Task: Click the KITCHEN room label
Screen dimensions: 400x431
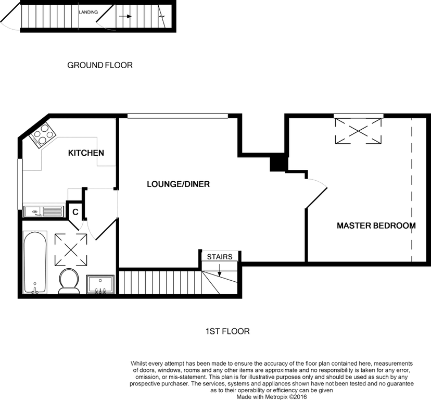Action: click(86, 153)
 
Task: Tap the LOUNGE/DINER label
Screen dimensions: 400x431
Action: click(178, 184)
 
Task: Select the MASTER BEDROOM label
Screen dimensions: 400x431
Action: click(376, 226)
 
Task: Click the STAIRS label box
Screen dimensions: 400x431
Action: click(220, 257)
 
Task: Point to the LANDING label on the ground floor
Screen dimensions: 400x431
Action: click(88, 12)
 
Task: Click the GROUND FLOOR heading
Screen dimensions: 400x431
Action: click(100, 65)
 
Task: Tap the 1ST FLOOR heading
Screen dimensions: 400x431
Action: click(227, 331)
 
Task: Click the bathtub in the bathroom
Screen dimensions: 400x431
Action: click(35, 262)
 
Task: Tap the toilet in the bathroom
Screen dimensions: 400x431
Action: click(68, 281)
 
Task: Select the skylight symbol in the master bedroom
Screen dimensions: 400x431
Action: click(358, 131)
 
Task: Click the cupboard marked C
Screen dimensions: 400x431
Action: click(75, 212)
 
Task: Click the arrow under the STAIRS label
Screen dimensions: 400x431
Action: click(220, 270)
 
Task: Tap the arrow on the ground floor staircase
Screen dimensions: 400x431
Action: click(125, 16)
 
